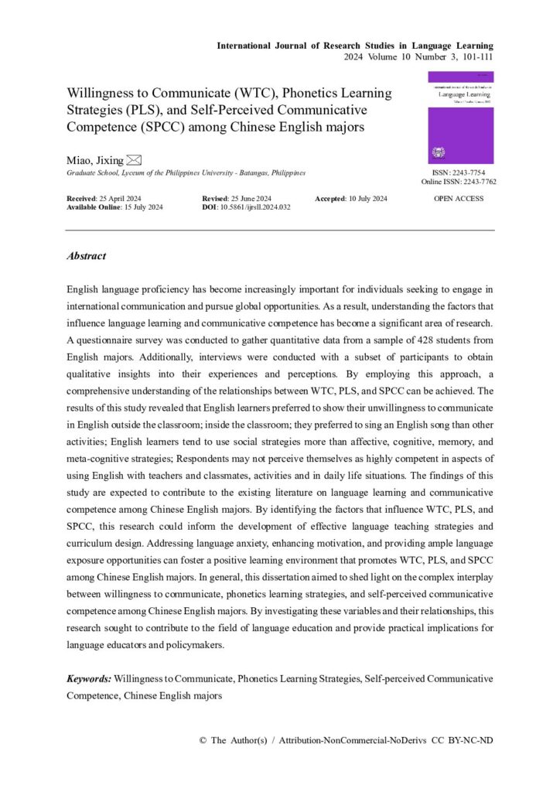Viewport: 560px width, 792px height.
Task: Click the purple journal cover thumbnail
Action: click(x=460, y=118)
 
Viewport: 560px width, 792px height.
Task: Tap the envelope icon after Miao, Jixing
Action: click(x=134, y=160)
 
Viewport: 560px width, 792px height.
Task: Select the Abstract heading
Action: click(x=86, y=256)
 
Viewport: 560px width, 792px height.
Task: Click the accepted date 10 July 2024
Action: click(x=367, y=199)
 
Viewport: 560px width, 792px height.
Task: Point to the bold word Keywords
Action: click(x=88, y=678)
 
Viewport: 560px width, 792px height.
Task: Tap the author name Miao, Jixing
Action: click(x=94, y=160)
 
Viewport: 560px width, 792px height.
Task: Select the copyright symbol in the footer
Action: click(x=203, y=740)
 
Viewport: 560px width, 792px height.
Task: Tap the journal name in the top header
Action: click(x=355, y=46)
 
